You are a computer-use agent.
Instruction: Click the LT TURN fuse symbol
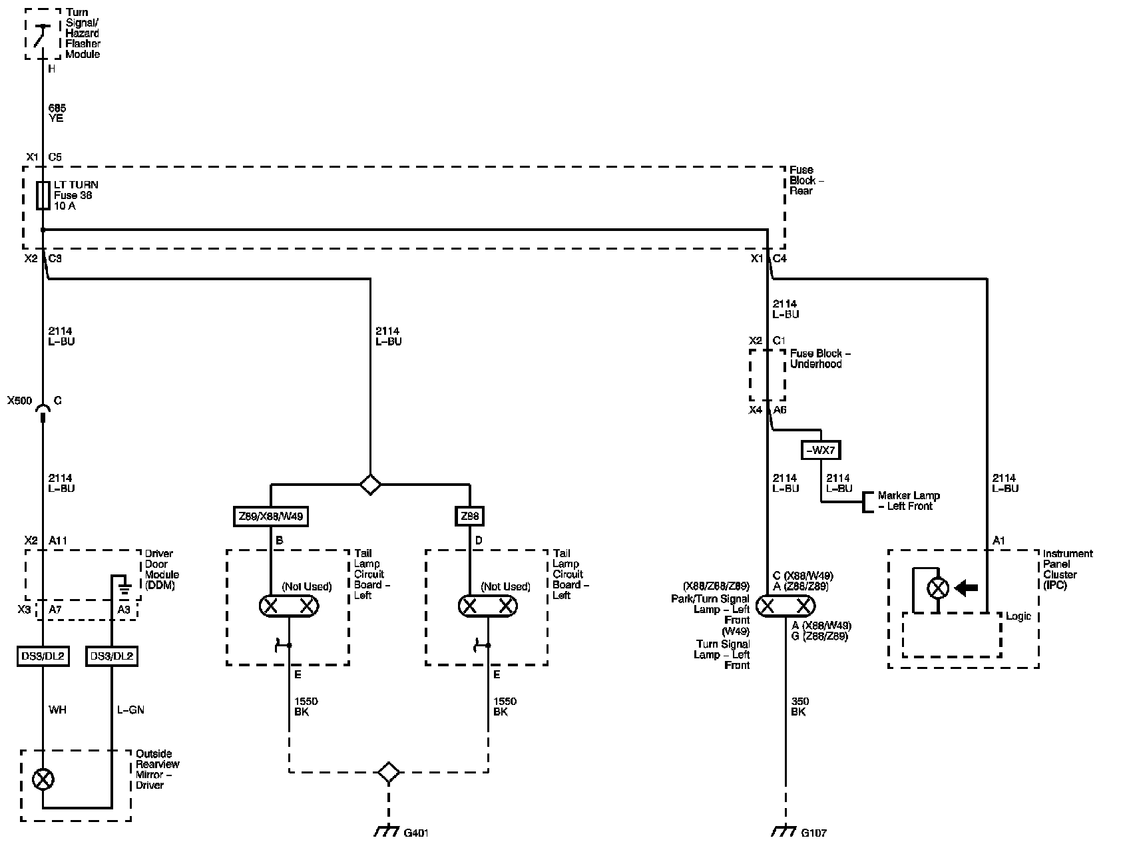coord(43,195)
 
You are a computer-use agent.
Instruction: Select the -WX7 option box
coord(820,450)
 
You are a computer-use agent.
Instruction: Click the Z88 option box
coord(470,517)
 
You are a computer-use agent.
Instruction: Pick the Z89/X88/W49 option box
coord(271,517)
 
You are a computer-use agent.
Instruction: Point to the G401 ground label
coord(415,833)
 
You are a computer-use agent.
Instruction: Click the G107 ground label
coord(813,833)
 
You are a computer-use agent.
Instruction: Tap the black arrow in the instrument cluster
coord(966,588)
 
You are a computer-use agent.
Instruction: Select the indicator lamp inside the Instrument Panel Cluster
coord(938,588)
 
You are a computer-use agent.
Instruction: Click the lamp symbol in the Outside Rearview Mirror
coord(43,779)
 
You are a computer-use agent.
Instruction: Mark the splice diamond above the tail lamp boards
coord(370,484)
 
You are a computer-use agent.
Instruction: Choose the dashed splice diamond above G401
coord(389,772)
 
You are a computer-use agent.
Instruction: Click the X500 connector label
coord(19,401)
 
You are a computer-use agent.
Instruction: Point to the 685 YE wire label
coord(57,112)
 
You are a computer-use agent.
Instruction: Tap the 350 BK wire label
coord(799,706)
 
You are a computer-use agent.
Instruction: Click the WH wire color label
coord(57,710)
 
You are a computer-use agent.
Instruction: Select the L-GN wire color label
coord(130,710)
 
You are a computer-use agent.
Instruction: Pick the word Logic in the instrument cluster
coord(1018,616)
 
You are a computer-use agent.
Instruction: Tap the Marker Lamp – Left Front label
coord(909,501)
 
